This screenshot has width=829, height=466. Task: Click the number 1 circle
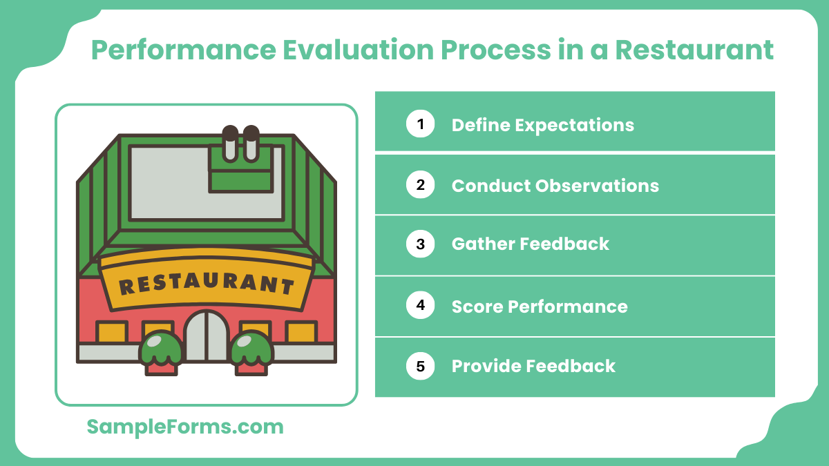coord(420,124)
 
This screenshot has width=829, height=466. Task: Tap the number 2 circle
coord(420,185)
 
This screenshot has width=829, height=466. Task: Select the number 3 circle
coord(420,244)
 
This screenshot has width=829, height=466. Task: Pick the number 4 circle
coord(420,305)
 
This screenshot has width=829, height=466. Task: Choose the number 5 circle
coord(420,366)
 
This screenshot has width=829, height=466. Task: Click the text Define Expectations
coord(542,125)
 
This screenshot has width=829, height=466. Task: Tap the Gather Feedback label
coord(530,244)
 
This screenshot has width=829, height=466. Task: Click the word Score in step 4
coord(477,306)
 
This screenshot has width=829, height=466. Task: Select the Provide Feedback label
coord(533,366)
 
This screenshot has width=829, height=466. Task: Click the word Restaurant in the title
coord(694,50)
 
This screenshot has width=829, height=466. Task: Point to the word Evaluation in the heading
coord(330,50)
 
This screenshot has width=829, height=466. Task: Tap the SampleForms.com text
coord(185,427)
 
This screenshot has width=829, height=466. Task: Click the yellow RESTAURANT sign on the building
coord(206,281)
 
